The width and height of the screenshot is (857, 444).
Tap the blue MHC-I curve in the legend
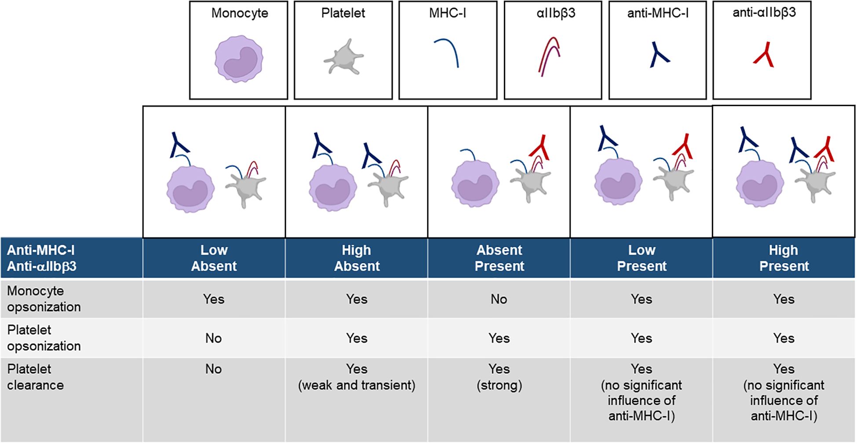(448, 52)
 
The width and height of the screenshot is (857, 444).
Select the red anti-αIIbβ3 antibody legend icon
(764, 55)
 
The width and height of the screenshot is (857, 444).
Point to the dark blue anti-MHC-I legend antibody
(658, 55)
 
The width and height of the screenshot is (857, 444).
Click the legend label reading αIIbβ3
(555, 13)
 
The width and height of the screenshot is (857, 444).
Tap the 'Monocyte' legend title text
(240, 13)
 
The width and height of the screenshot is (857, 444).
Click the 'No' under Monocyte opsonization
(499, 299)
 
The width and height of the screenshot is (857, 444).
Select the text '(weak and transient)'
(356, 385)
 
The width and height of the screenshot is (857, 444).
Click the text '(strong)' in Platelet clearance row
(499, 385)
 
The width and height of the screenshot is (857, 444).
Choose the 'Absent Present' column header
(499, 258)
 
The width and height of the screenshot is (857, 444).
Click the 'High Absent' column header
(357, 258)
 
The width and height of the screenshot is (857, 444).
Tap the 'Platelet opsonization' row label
(44, 338)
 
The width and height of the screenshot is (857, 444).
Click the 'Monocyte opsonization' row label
(44, 299)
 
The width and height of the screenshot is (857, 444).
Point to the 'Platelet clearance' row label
(35, 377)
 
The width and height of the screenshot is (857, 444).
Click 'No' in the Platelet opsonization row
(213, 338)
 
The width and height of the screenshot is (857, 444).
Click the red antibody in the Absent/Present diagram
(540, 147)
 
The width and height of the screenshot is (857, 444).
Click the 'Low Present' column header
(642, 258)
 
